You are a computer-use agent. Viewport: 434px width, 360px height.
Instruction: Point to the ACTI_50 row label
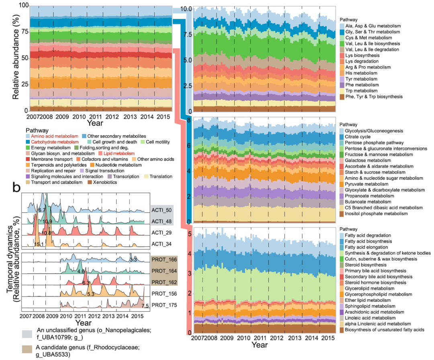(x=161, y=210)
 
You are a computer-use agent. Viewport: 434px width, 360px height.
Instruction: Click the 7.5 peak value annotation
(x=145, y=306)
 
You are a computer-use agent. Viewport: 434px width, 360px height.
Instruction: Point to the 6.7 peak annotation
(x=41, y=210)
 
